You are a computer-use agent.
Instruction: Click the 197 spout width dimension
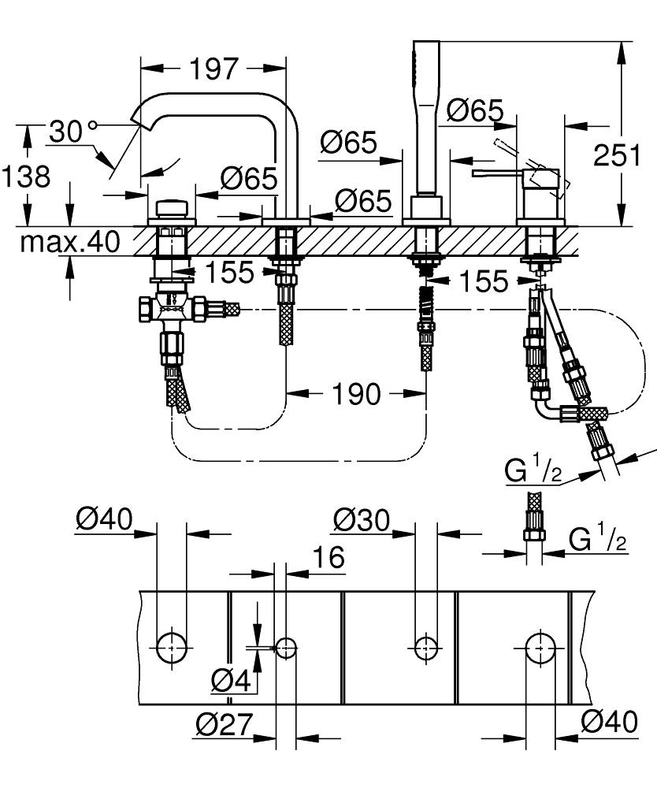pos(213,69)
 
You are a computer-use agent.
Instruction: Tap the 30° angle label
pos(71,131)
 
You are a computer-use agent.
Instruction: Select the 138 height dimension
pos(26,176)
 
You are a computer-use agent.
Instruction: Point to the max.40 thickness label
pos(71,242)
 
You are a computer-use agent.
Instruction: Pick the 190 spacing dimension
pos(357,393)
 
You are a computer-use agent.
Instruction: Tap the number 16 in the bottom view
pos(328,557)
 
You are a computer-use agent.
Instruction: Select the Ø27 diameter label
pos(223,723)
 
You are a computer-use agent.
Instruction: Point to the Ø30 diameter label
pos(361,519)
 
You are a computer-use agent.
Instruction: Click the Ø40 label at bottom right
pos(608,722)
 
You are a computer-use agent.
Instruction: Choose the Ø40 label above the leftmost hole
pos(104,519)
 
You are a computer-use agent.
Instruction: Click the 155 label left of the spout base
pos(229,273)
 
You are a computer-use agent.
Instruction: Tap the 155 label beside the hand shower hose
pos(483,281)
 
